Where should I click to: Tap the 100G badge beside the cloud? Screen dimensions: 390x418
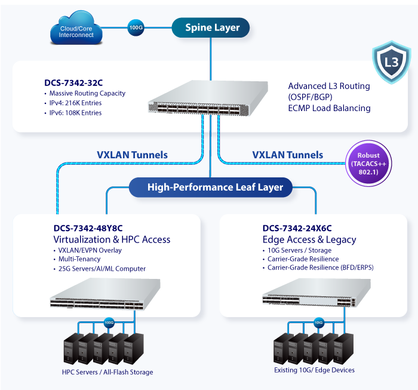(x=136, y=27)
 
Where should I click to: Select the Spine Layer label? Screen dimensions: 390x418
(x=212, y=27)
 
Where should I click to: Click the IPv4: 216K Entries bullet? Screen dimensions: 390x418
(x=75, y=103)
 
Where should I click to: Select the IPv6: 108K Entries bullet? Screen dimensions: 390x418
(x=75, y=112)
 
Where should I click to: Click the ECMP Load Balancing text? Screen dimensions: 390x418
(x=329, y=108)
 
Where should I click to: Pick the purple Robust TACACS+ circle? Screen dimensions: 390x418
(x=369, y=164)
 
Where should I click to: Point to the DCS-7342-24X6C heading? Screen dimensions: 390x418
(x=297, y=228)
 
